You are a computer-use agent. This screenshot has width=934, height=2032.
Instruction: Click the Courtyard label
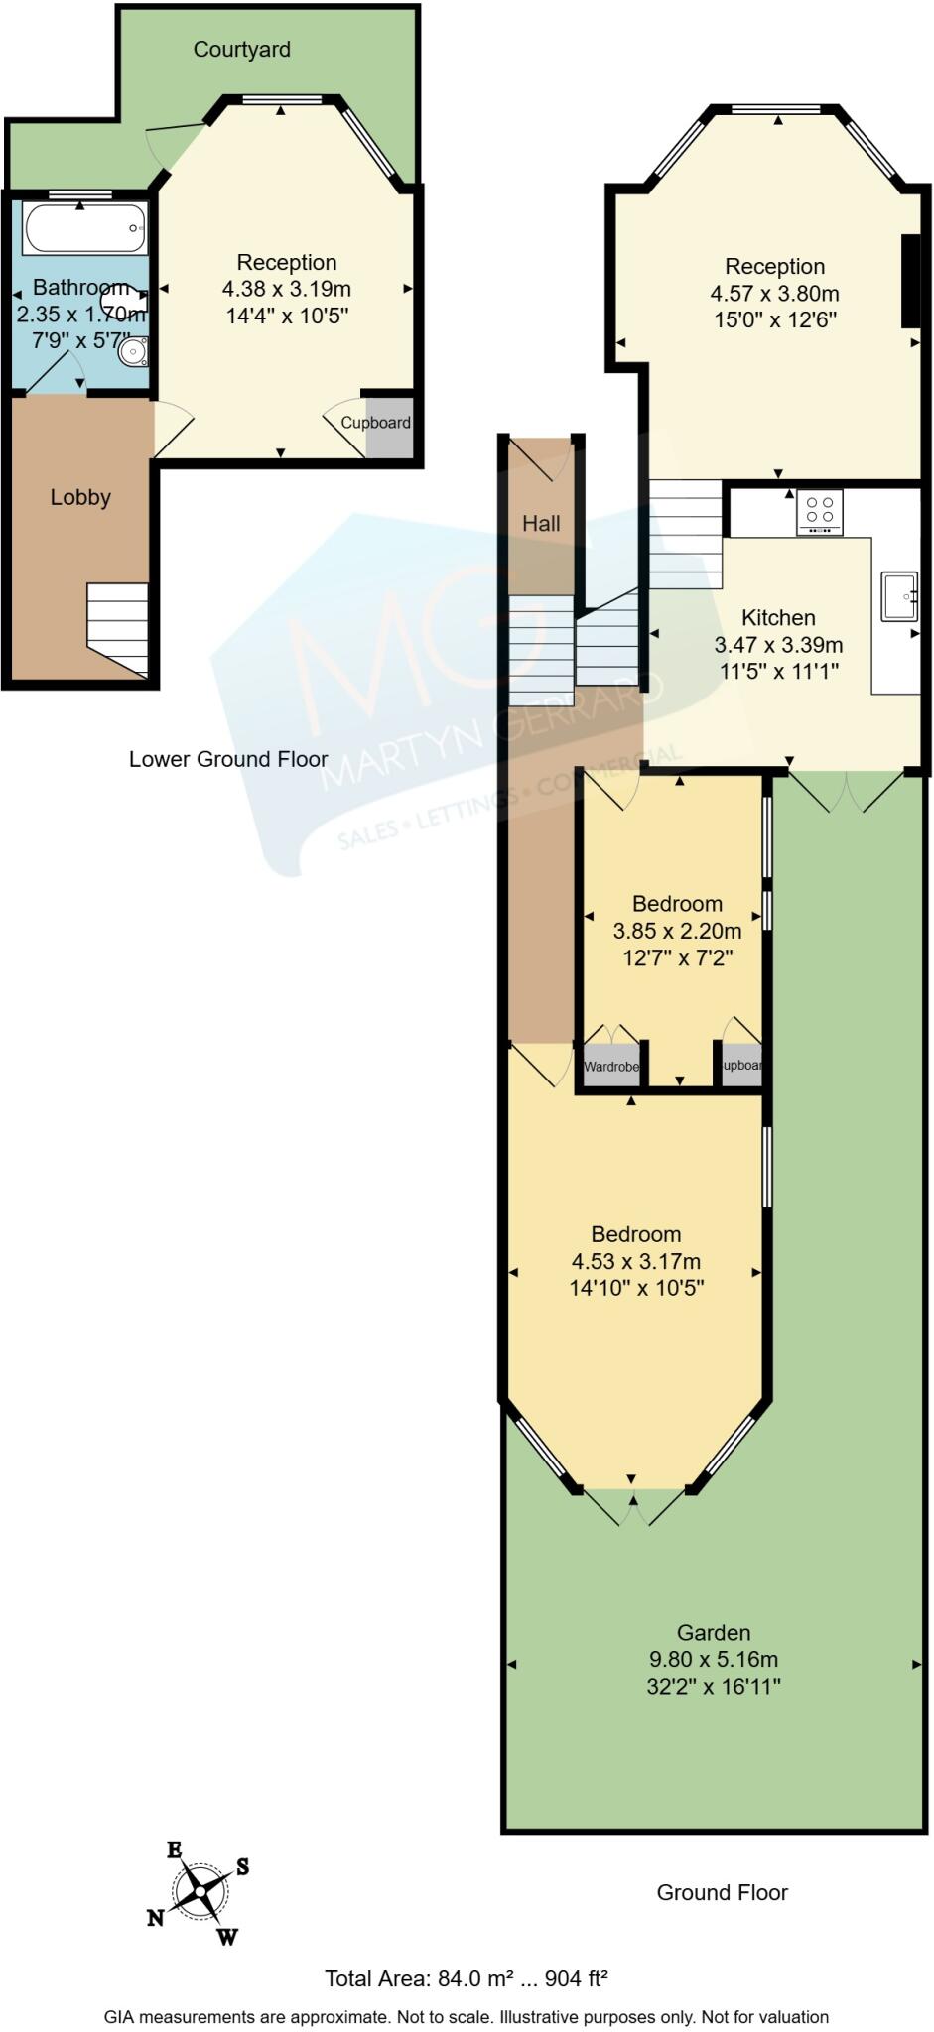241,50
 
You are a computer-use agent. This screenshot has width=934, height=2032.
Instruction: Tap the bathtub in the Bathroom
85,229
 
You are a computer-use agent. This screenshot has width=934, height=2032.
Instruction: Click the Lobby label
80,498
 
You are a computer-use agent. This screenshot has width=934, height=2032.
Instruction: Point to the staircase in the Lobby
118,627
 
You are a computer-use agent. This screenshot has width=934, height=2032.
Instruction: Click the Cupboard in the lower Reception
387,425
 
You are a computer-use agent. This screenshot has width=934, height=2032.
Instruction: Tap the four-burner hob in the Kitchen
820,511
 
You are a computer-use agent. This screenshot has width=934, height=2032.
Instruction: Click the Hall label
541,524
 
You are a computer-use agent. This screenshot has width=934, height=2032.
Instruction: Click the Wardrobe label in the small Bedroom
611,1067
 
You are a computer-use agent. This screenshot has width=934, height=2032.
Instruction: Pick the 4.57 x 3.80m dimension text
774,294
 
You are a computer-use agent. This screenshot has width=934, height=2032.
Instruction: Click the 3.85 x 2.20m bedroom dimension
677,931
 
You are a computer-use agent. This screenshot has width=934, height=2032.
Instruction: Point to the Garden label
713,1632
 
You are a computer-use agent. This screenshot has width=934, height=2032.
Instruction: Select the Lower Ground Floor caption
228,760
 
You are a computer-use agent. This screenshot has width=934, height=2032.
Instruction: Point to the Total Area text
466,1979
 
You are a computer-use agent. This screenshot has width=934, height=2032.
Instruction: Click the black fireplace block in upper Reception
910,281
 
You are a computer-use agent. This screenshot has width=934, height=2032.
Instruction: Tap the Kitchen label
778,618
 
